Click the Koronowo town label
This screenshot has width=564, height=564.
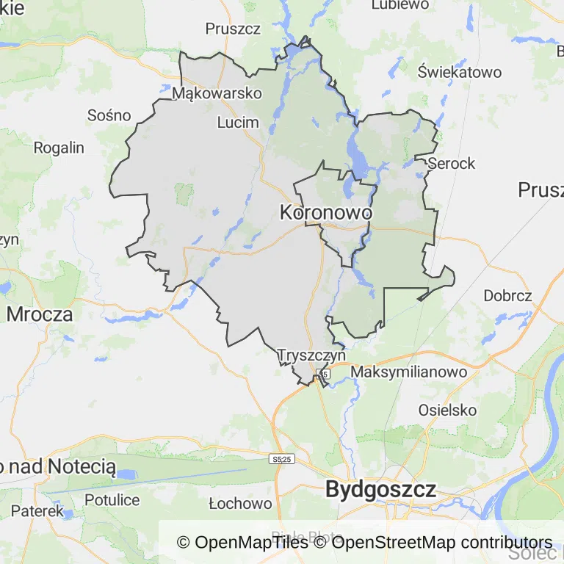point(326,212)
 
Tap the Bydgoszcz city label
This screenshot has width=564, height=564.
point(380,489)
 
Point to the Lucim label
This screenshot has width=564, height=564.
point(239,122)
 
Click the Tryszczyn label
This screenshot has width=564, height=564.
point(311,355)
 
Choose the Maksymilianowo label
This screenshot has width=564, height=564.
point(409,372)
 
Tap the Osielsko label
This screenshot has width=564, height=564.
point(447,410)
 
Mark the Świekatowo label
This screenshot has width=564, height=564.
point(460,72)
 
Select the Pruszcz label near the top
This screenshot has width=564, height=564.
point(234,29)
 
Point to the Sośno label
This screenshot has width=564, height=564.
point(109,115)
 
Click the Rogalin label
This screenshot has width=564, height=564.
point(59,148)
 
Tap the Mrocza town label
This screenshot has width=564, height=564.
point(40,314)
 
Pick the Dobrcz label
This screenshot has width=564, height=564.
point(507,296)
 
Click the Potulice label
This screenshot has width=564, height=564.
point(112,500)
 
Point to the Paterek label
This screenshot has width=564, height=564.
point(37,510)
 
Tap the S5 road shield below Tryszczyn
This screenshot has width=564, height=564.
point(324,375)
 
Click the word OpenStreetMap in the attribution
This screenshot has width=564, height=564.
point(394,543)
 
